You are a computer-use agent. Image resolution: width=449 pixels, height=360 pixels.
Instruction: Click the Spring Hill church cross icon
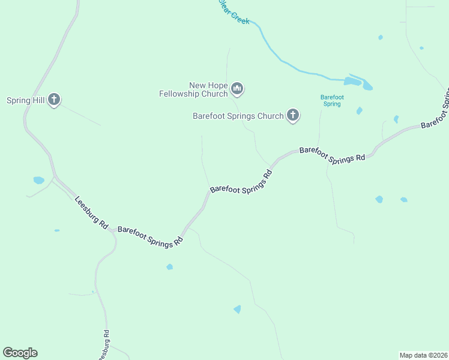pos(54,100)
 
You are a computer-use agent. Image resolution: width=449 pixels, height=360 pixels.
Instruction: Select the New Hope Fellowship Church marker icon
pos(238,90)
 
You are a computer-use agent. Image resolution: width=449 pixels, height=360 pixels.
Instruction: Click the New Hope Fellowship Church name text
pos(194,89)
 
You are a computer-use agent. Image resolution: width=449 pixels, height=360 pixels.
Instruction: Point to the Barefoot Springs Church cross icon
pos(293,115)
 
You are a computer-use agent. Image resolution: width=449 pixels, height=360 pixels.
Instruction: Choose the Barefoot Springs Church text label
pos(238,116)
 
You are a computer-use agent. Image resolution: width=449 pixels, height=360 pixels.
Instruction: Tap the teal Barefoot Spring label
pos(331,100)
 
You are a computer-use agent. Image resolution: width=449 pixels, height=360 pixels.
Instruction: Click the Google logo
pos(20,353)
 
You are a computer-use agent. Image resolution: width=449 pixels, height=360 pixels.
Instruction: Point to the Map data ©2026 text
pos(423,355)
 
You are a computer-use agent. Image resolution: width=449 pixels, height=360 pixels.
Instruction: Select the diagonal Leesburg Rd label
pos(91,213)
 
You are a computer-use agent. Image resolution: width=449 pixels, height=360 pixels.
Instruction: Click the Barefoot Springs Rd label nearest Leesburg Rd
pos(150,236)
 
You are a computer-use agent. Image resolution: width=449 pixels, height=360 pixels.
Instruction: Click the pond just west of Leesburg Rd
pos(38,180)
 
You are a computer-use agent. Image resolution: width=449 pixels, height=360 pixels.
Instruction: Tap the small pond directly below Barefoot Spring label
pos(359,111)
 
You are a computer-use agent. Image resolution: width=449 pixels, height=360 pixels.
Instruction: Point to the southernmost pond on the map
pos(237,310)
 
